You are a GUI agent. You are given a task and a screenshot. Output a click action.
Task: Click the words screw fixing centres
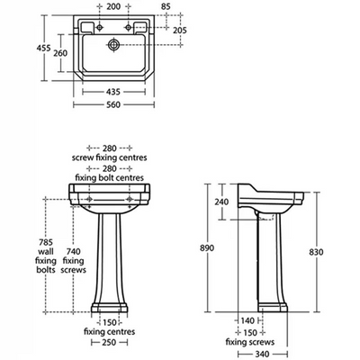109,157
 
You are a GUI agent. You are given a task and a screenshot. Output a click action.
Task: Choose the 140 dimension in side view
247,320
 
